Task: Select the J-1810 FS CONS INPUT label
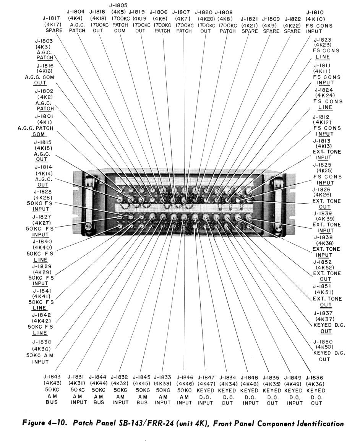(x=319, y=22)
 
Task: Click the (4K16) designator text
(x=44, y=71)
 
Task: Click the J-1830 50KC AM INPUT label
(x=40, y=352)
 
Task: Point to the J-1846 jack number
(x=185, y=377)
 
